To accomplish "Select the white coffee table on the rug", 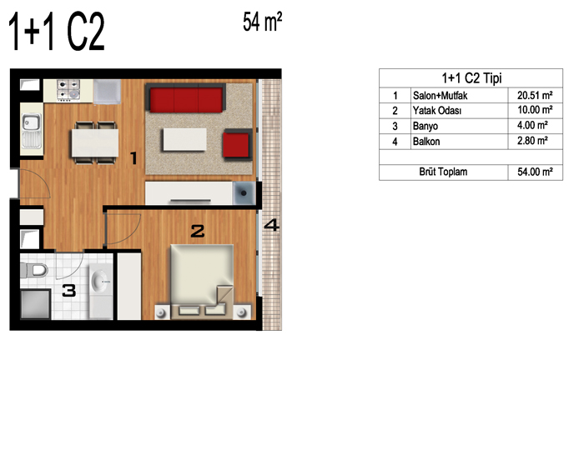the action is (x=184, y=139).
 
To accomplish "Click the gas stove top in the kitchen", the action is (x=68, y=90).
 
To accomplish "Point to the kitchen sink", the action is (x=32, y=131).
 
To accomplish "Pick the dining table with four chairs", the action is (x=95, y=142).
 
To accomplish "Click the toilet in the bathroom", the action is (x=34, y=270).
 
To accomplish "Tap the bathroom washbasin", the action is (x=101, y=280).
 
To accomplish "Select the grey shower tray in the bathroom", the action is (x=35, y=304).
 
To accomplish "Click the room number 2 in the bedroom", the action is (x=198, y=232).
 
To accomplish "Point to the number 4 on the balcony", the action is (x=271, y=225).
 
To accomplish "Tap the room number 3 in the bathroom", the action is (x=69, y=291).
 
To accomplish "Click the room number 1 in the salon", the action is (x=133, y=158).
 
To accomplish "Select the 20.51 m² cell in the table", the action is (x=535, y=96).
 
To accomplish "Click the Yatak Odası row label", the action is (x=437, y=111).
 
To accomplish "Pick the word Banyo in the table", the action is (x=425, y=126).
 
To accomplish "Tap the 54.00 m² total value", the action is (x=535, y=172).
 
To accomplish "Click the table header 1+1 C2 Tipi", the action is (x=471, y=78).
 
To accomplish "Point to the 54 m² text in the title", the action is (x=262, y=22).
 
